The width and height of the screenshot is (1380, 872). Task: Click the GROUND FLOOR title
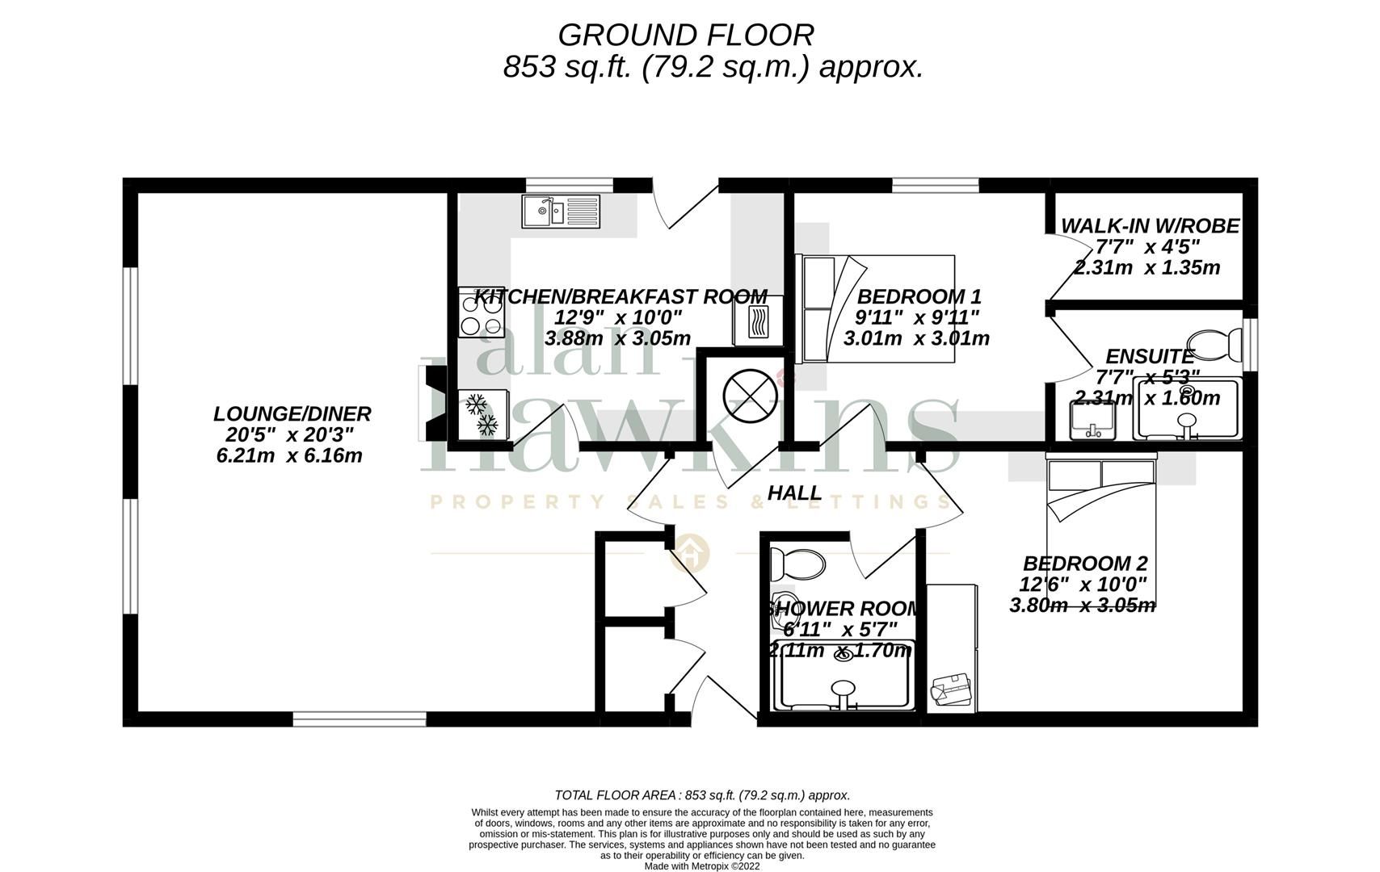pyautogui.click(x=685, y=36)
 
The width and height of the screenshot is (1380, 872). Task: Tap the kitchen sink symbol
pyautogui.click(x=561, y=212)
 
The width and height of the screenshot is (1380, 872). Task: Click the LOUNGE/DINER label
pyautogui.click(x=292, y=414)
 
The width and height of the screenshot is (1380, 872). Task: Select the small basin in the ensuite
pyautogui.click(x=1092, y=418)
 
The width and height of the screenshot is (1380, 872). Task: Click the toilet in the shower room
pyautogui.click(x=796, y=562)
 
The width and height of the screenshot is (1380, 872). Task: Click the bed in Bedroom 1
pyautogui.click(x=877, y=309)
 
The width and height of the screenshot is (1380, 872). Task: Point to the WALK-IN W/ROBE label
pyautogui.click(x=1149, y=226)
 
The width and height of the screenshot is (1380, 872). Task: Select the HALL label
pyautogui.click(x=793, y=493)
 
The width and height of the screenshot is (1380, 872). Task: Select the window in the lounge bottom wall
pyautogui.click(x=359, y=719)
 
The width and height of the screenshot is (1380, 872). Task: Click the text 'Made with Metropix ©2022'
pyautogui.click(x=701, y=866)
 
